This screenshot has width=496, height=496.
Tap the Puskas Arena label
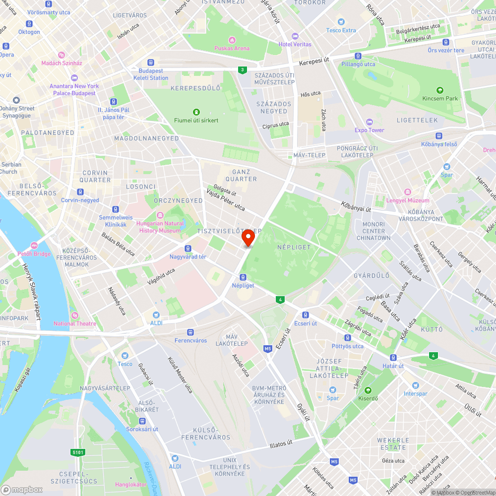coord(232,48)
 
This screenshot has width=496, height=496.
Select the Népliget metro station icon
coord(243,277)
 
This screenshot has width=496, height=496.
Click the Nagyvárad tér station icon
coord(188,248)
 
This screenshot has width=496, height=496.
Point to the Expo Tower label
coord(370,130)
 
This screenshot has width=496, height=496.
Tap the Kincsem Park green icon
coord(439,90)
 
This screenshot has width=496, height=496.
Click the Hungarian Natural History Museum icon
coord(160,215)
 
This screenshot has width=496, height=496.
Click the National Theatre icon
coord(74,315)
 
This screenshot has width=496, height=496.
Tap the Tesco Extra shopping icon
coord(341,22)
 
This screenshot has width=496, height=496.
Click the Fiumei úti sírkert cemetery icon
coord(196,112)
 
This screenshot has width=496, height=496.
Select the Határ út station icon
coord(393,358)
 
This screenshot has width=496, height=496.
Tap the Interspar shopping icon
coord(415,385)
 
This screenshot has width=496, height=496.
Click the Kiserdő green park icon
coord(368,390)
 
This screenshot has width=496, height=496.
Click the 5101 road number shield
coord(78,452)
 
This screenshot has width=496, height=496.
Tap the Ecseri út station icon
coord(306,315)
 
